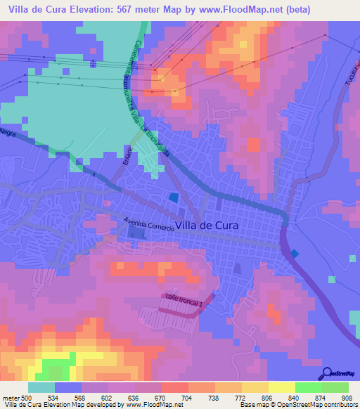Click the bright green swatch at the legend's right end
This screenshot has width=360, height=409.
pos(335,387)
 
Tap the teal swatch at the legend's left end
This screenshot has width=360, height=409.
pos(41,387)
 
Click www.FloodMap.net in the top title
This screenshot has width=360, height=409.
pos(235,9)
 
